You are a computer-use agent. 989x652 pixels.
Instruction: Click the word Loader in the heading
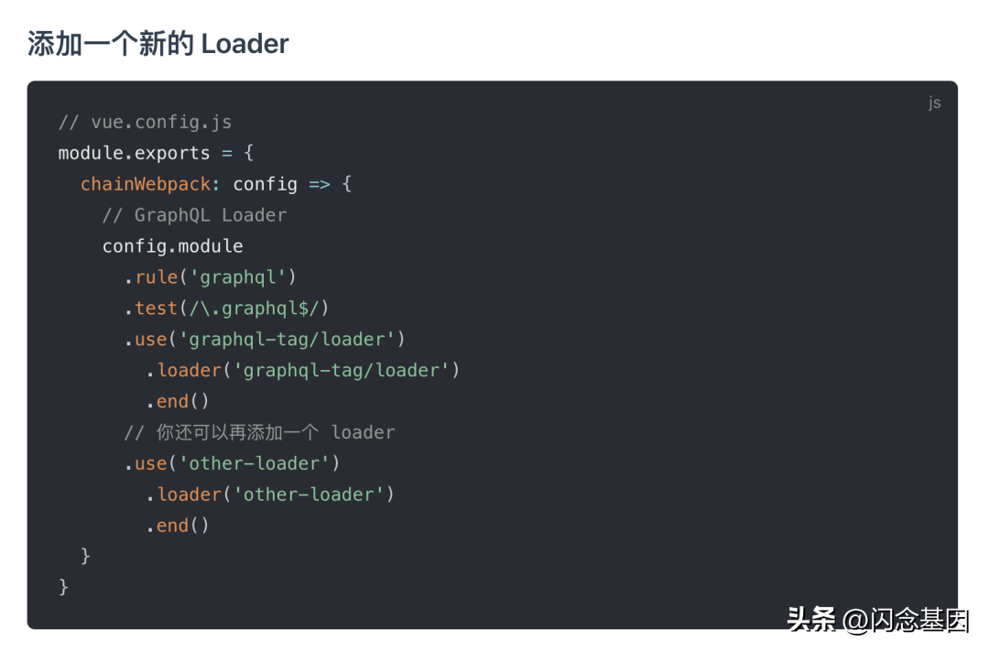pos(245,44)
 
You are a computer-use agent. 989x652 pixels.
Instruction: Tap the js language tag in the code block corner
pos(934,103)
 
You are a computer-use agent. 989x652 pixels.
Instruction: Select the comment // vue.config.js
pos(145,122)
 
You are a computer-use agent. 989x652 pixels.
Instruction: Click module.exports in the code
pos(134,153)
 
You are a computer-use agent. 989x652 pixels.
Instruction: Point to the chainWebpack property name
pos(145,184)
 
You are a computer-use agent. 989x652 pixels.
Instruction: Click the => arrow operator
pos(320,184)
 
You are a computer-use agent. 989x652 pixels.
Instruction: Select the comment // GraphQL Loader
pos(194,215)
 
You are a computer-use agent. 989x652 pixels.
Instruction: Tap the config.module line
pos(173,246)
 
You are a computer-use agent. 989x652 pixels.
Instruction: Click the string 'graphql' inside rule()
pos(238,277)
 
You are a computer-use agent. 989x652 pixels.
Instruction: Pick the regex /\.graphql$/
pos(255,309)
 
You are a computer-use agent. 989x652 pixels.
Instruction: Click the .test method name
pos(151,309)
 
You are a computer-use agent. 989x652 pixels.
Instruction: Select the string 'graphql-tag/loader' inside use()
pos(287,339)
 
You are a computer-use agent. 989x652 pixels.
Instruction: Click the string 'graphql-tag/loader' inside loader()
pos(342,370)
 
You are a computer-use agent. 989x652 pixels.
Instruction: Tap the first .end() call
pos(178,401)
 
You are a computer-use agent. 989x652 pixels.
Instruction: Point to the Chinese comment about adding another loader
pos(259,432)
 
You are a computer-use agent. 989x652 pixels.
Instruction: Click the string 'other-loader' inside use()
pos(255,463)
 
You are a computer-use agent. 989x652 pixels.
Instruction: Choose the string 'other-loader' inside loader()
pos(309,494)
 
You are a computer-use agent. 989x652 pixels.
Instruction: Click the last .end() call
pos(178,526)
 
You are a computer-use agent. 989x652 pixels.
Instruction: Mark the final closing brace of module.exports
pos(63,587)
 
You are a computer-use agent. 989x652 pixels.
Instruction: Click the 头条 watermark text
pos(811,619)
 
